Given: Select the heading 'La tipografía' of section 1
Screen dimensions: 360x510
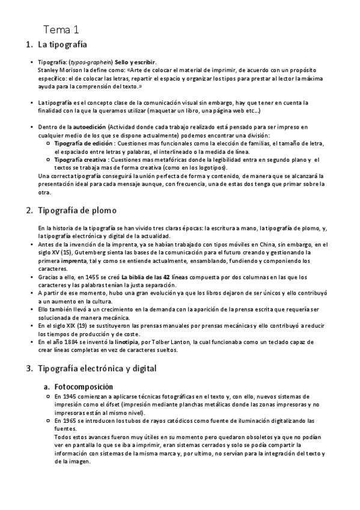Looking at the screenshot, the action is (63, 45).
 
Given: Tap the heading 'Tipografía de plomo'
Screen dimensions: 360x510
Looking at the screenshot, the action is (81, 210).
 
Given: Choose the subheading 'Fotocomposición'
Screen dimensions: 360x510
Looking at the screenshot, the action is (84, 386).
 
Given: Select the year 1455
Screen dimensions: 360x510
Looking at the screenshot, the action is (106, 277).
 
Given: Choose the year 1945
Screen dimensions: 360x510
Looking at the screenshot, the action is (70, 397).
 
